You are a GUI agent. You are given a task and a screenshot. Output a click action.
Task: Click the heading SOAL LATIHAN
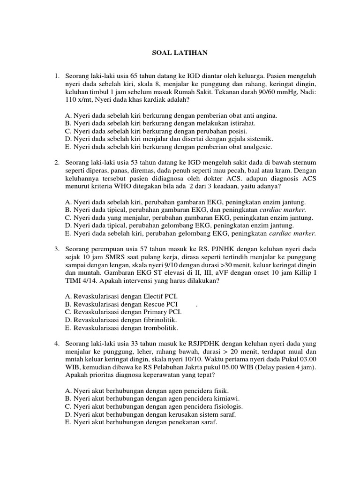coord(180,53)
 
